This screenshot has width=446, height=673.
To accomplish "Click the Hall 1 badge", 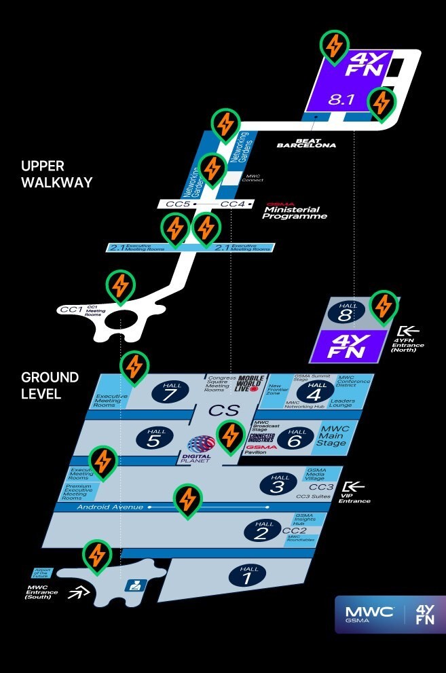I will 249,575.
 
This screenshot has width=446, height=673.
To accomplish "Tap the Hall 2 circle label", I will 263,528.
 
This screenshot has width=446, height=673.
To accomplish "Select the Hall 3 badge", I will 280,484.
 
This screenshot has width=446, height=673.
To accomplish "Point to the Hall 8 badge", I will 347,312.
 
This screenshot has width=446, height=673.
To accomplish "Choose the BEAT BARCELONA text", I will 306,143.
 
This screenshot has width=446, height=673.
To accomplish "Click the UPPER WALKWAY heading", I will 56,174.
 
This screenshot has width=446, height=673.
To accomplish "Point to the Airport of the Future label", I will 42,573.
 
